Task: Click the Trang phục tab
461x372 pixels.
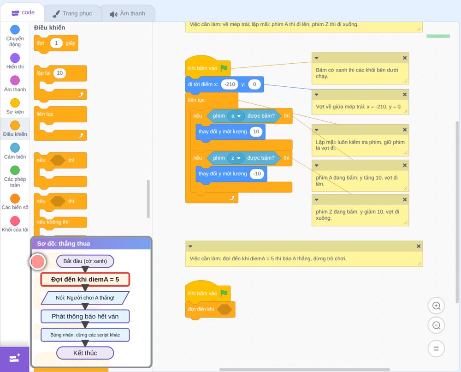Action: [x=72, y=13]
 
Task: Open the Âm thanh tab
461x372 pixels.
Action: [x=128, y=13]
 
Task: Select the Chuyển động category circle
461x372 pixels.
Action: [x=15, y=30]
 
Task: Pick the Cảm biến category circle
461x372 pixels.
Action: [x=15, y=148]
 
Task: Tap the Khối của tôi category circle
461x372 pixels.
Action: [x=15, y=221]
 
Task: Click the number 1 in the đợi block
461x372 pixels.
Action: [x=56, y=43]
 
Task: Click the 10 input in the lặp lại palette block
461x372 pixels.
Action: [x=59, y=73]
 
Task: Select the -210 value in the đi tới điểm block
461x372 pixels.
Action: [x=230, y=84]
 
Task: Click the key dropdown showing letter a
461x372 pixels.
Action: [x=236, y=116]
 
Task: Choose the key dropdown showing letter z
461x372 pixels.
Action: [x=236, y=158]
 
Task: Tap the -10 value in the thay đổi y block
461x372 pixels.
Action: [x=257, y=174]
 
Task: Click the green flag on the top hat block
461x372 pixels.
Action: [x=224, y=68]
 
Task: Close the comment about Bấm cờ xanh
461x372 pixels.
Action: [x=405, y=58]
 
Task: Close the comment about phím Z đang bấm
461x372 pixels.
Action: [x=405, y=199]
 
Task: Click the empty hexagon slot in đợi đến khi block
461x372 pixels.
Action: [x=225, y=309]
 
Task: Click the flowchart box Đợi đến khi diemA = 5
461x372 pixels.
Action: [x=85, y=279]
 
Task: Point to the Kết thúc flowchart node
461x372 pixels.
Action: [x=85, y=353]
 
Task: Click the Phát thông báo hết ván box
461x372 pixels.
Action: [x=85, y=316]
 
